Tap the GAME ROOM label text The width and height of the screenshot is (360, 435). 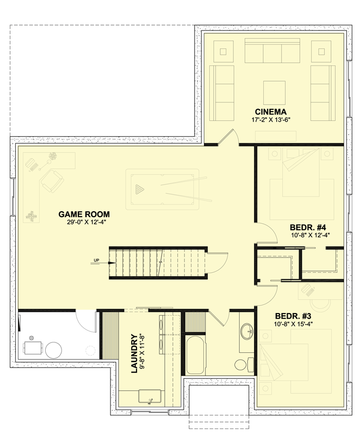[84, 214]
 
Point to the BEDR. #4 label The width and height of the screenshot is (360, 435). [307, 228]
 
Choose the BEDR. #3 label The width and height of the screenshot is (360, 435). [294, 316]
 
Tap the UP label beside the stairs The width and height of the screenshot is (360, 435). [96, 260]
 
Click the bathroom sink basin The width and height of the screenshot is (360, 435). [247, 330]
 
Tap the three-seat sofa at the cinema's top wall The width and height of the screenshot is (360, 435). [272, 53]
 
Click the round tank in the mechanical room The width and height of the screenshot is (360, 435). [53, 348]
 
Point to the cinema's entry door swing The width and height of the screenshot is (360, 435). [231, 137]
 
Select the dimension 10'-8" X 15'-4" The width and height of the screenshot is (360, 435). [294, 324]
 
